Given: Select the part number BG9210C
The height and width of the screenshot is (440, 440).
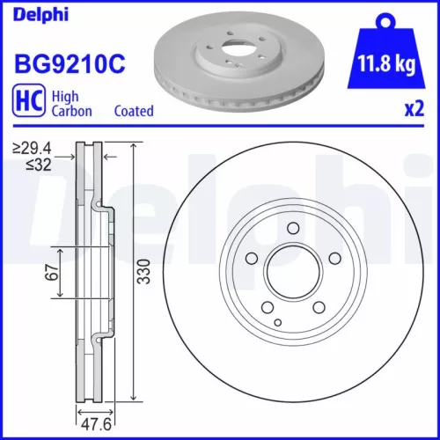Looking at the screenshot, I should [67, 63].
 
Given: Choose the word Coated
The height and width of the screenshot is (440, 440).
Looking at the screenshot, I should [134, 111].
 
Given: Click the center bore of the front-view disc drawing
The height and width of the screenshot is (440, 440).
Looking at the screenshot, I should [290, 273].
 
